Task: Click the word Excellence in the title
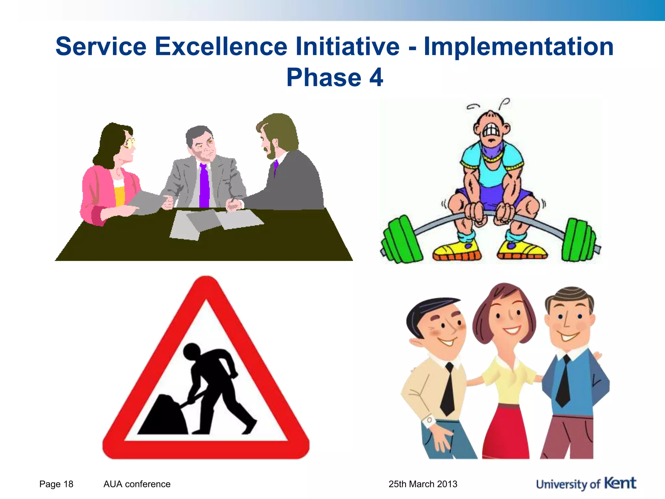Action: pyautogui.click(x=221, y=46)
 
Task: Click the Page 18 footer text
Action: pyautogui.click(x=56, y=484)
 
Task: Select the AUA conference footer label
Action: pyautogui.click(x=137, y=484)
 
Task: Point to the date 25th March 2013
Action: pyautogui.click(x=423, y=484)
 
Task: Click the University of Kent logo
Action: pyautogui.click(x=586, y=484)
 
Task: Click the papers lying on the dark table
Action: pyautogui.click(x=214, y=223)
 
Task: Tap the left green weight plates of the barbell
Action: pyautogui.click(x=401, y=239)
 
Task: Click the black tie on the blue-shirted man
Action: pyautogui.click(x=564, y=382)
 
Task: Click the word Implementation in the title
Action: pyautogui.click(x=519, y=46)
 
